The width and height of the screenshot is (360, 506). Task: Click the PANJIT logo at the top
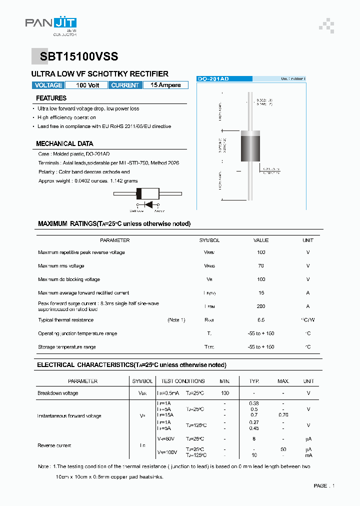[50, 24]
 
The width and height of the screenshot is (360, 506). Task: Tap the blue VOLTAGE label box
[48, 85]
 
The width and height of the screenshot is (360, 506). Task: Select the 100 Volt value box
[87, 85]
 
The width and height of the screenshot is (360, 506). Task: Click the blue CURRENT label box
[125, 85]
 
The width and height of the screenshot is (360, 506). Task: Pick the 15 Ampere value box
[165, 85]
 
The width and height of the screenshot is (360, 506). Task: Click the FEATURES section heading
[51, 98]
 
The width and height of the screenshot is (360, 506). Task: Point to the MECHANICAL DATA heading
[64, 143]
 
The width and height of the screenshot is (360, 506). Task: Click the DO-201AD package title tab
[213, 79]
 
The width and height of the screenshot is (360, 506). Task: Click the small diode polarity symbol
[148, 204]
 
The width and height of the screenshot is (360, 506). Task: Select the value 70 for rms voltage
[261, 266]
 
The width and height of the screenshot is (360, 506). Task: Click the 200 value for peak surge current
[261, 306]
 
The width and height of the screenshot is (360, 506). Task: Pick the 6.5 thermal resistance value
[261, 320]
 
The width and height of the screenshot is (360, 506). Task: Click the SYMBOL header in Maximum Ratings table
[209, 240]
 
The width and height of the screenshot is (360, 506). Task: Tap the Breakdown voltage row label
[58, 393]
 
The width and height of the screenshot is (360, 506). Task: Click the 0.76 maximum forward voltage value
[283, 415]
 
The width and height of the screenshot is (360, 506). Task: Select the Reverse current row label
[54, 445]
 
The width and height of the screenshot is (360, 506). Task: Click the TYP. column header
[254, 381]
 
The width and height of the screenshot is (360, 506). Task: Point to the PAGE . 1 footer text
[324, 485]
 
